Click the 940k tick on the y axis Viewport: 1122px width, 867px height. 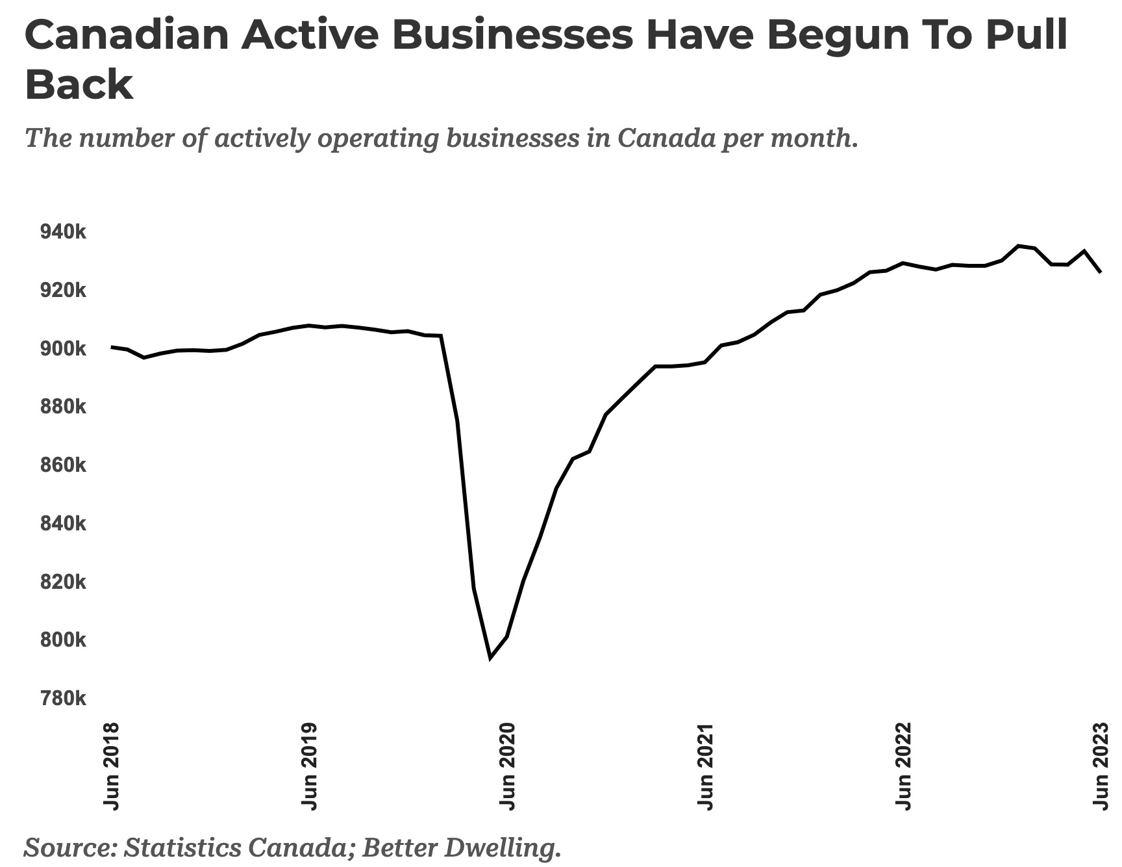[63, 232]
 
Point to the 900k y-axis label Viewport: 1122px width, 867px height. [63, 349]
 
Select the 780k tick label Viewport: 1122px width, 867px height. [63, 699]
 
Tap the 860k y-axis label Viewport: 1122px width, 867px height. [63, 465]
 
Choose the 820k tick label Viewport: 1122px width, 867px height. [63, 582]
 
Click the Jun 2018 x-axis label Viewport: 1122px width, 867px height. [112, 766]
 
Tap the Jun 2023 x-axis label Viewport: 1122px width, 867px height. [1101, 766]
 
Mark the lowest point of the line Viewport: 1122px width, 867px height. [490, 658]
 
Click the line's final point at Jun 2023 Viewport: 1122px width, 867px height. [1100, 272]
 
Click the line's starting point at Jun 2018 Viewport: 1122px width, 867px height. [112, 347]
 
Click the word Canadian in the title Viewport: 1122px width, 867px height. [127, 35]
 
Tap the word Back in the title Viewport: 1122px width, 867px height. [79, 84]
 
